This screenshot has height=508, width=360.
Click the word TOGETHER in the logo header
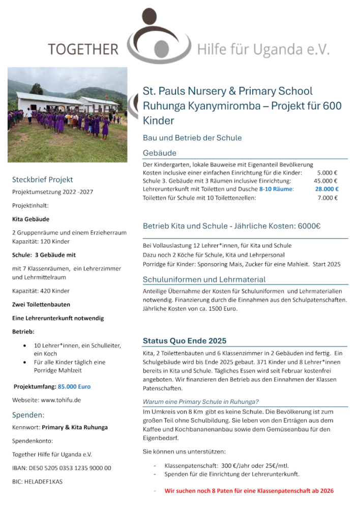(83, 49)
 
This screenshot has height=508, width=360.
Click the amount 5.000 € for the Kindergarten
(327, 173)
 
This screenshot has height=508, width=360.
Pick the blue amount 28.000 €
(326, 189)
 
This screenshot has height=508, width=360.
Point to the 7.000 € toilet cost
(327, 198)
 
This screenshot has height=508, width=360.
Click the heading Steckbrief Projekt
(43, 179)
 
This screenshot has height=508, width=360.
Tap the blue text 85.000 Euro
(74, 387)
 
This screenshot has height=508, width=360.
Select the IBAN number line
(62, 468)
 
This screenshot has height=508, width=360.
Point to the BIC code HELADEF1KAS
(37, 481)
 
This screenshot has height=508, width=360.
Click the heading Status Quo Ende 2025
(185, 341)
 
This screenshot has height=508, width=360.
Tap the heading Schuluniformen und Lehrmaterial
(204, 279)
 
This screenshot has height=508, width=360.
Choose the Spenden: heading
(28, 415)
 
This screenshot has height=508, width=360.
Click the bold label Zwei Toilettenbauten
(41, 305)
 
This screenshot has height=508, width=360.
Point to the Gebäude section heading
(160, 152)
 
